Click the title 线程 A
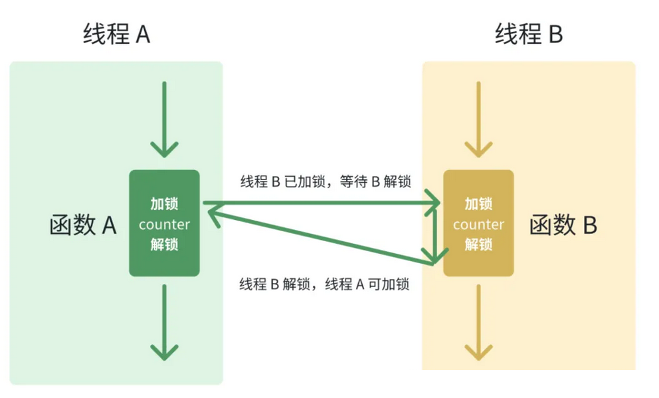[x=116, y=34]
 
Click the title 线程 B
[x=529, y=34]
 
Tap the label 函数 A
[x=83, y=225]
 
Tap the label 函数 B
[x=563, y=225]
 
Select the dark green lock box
[x=164, y=223]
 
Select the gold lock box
[x=478, y=223]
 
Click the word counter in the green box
[x=164, y=224]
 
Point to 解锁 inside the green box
[x=164, y=244]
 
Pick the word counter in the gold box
[x=478, y=225]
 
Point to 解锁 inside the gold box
[x=478, y=244]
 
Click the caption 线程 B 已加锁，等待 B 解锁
[x=326, y=181]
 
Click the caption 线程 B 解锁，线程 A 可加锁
[x=324, y=284]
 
